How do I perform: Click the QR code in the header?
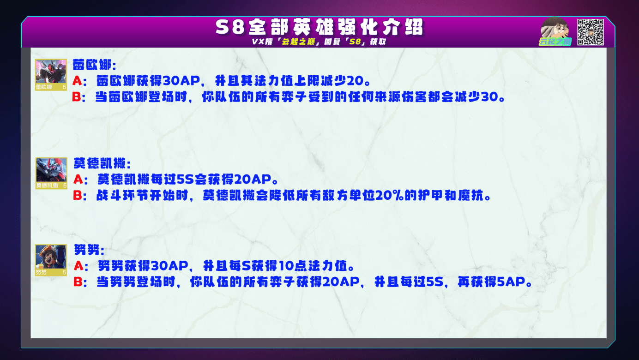point(590,32)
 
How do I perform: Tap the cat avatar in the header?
point(555,30)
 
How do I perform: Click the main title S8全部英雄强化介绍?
point(319,27)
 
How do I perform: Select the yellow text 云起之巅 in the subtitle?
point(298,42)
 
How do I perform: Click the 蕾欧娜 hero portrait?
point(51,75)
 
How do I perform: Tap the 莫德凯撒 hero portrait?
point(51,173)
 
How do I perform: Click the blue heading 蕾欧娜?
point(95,65)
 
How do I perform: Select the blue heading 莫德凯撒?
point(102,163)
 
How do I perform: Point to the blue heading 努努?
point(89,250)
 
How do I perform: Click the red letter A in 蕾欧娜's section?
point(77,81)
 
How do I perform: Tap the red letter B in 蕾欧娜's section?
point(77,97)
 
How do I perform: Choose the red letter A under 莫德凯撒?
point(78,180)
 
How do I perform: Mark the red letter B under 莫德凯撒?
point(78,195)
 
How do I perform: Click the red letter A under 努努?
point(78,266)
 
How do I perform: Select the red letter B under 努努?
point(78,282)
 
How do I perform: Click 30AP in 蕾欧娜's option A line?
point(181,81)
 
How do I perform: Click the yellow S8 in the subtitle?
point(355,42)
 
